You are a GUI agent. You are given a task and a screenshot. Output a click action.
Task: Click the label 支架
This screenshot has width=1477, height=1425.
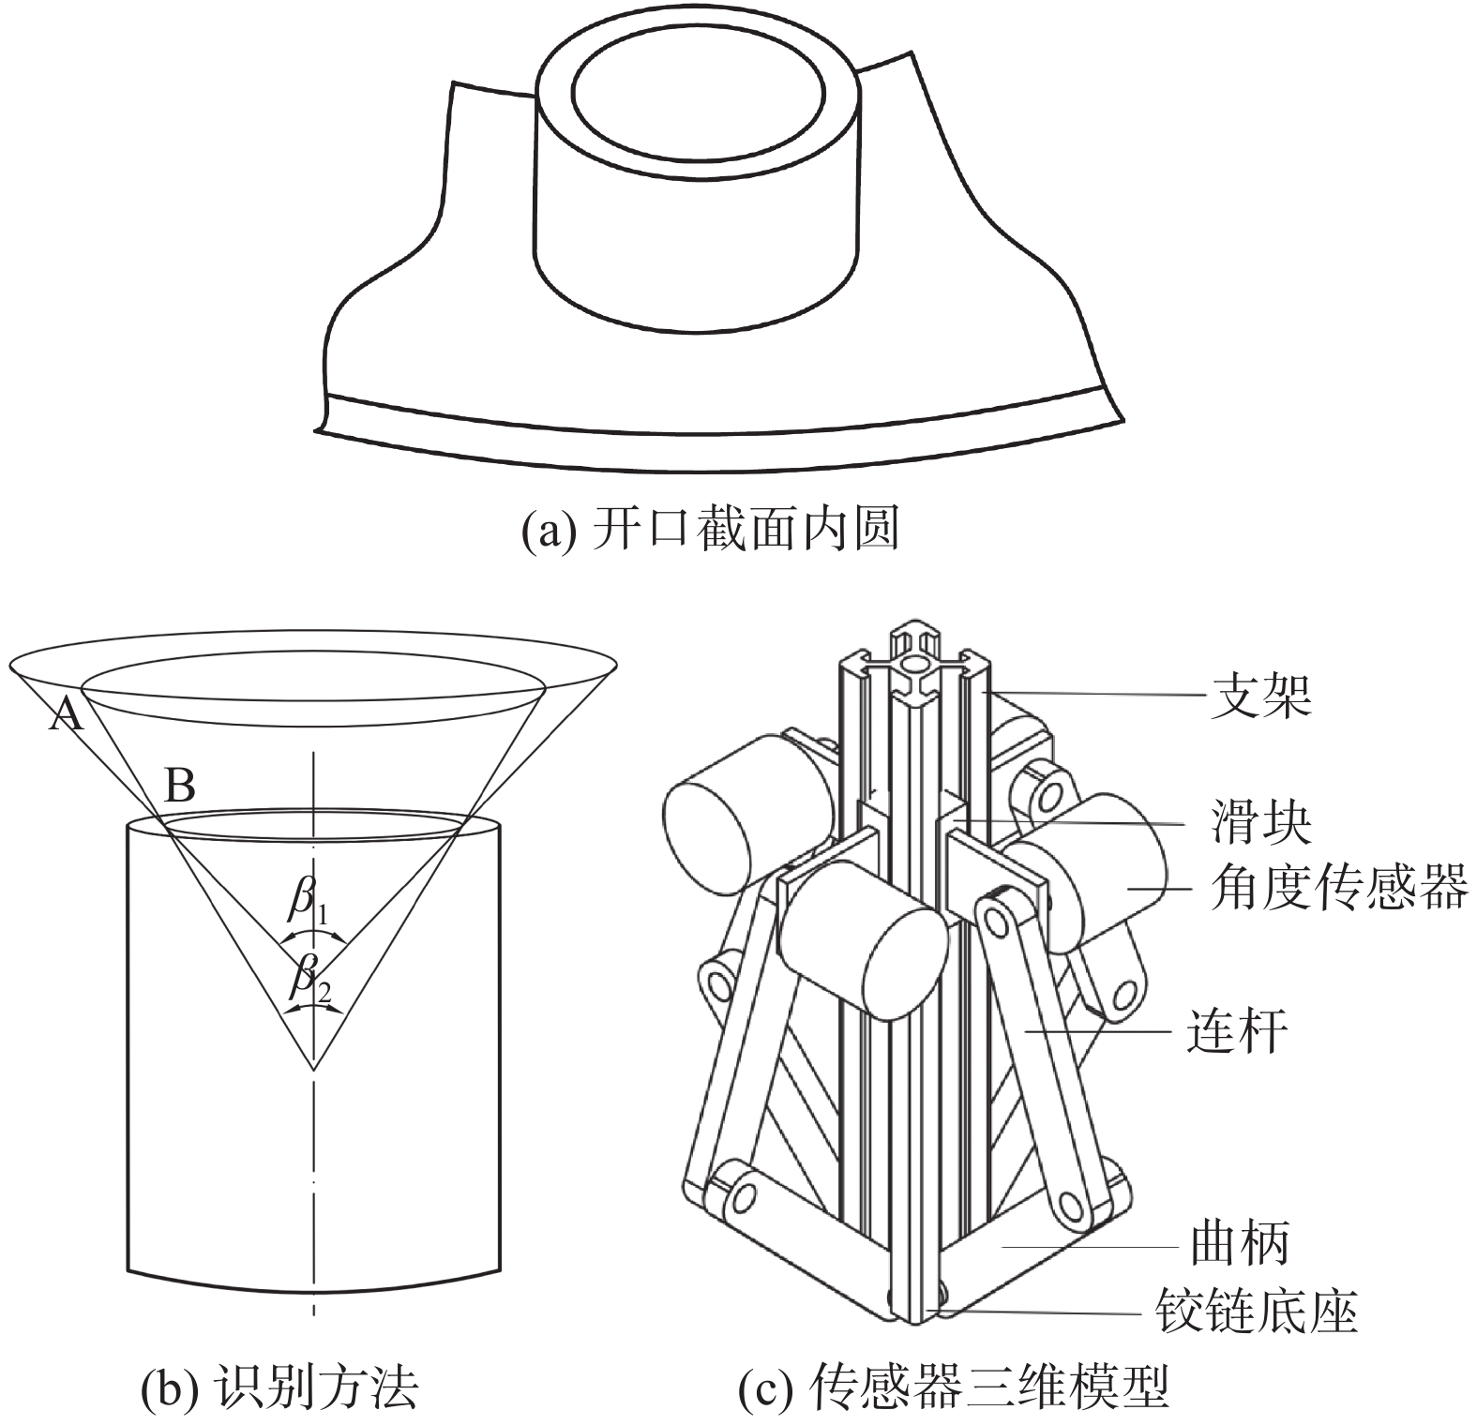click(x=1259, y=696)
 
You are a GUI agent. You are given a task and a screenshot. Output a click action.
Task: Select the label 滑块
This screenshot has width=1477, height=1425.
click(x=1259, y=822)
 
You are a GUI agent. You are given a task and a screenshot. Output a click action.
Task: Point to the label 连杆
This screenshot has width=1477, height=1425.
click(x=1236, y=1031)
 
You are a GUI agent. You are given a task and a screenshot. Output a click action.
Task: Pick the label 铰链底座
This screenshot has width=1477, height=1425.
click(x=1256, y=1310)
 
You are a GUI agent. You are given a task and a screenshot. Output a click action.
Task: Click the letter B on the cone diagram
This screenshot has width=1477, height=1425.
click(x=179, y=785)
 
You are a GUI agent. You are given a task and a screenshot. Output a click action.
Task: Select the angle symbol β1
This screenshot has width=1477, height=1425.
click(x=308, y=902)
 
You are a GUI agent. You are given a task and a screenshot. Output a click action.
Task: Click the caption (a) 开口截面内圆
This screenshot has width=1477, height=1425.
click(x=710, y=530)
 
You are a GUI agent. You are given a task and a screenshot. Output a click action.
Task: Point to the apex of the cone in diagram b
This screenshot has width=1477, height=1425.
click(x=314, y=1068)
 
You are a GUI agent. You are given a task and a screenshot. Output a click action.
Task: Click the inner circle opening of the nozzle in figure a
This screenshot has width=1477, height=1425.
click(x=699, y=94)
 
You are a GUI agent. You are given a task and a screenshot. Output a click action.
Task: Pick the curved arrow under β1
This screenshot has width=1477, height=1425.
click(x=314, y=935)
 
